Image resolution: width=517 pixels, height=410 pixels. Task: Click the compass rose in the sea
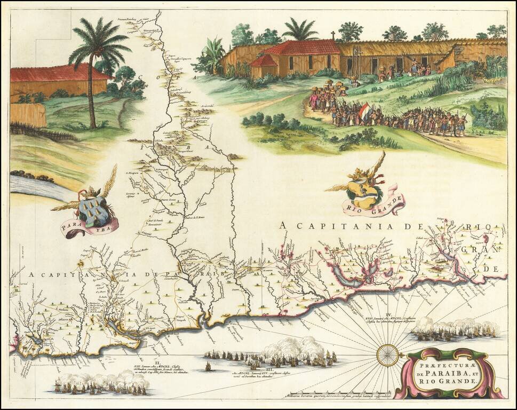388,355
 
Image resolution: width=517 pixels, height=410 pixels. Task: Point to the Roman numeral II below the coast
155,362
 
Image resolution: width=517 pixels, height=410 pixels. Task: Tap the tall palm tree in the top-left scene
97,59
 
